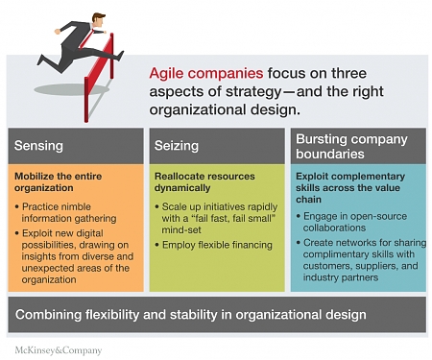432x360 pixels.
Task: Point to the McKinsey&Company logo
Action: (58, 349)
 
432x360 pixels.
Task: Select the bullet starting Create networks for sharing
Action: (360, 263)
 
